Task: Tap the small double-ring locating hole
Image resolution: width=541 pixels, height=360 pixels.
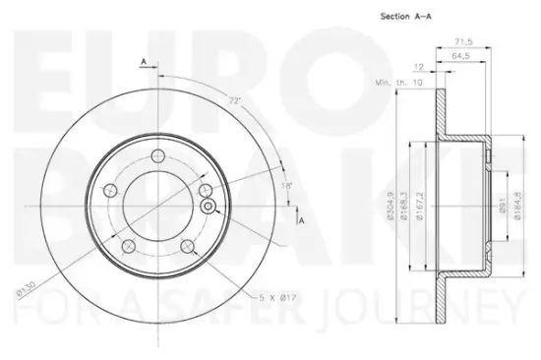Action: tap(208, 206)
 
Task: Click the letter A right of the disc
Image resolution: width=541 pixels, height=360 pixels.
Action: tap(302, 221)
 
